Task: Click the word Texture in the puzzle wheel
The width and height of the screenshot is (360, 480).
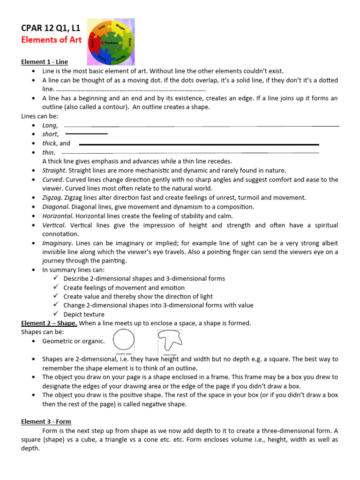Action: click(111, 43)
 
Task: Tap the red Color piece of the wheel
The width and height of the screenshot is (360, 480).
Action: click(93, 43)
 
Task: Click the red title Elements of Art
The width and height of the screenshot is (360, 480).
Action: click(52, 40)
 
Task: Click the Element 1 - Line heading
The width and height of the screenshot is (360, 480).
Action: click(45, 62)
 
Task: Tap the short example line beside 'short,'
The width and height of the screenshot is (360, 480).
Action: click(86, 135)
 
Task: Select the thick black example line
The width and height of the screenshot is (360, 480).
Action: click(199, 144)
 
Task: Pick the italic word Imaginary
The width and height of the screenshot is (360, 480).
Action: click(57, 243)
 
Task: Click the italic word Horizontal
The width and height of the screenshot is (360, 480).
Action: click(57, 216)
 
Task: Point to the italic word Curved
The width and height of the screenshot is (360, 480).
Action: click(52, 180)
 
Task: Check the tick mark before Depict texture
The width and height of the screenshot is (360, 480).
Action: click(56, 314)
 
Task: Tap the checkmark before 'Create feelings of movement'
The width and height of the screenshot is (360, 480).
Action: click(56, 287)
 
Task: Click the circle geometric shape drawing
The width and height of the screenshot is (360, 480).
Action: click(123, 340)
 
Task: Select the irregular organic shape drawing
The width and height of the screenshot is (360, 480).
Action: click(169, 340)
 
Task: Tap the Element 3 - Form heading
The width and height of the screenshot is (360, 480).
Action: click(46, 421)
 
